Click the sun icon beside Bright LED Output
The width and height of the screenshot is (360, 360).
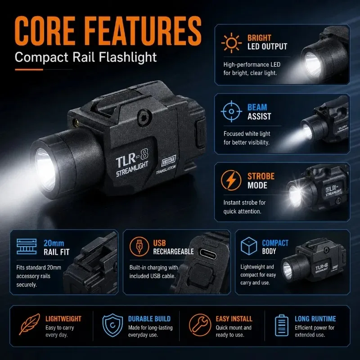pyautogui.click(x=231, y=43)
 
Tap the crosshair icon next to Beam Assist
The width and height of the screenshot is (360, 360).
pyautogui.click(x=231, y=111)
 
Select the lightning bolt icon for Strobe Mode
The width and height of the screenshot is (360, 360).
pyautogui.click(x=231, y=180)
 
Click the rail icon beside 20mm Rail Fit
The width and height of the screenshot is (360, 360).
pyautogui.click(x=27, y=246)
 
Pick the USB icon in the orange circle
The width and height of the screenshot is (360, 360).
pyautogui.click(x=139, y=247)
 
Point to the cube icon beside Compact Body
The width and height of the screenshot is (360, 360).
pyautogui.click(x=249, y=246)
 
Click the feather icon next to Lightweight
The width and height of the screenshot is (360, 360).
pyautogui.click(x=29, y=324)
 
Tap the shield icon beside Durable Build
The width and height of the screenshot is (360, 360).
pyautogui.click(x=112, y=325)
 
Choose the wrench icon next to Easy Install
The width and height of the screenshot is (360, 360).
pyautogui.click(x=200, y=325)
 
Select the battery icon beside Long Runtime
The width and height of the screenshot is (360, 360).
pyautogui.click(x=282, y=325)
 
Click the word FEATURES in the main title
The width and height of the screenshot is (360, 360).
pyautogui.click(x=143, y=31)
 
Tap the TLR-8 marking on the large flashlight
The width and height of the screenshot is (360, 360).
pyautogui.click(x=132, y=158)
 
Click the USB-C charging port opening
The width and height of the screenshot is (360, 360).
pyautogui.click(x=208, y=253)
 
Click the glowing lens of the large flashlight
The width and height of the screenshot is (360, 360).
pyautogui.click(x=45, y=169)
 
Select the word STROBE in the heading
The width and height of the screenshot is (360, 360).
pyautogui.click(x=261, y=176)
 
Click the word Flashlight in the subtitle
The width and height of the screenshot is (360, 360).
pyautogui.click(x=128, y=57)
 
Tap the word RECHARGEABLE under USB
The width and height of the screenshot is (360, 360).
pyautogui.click(x=173, y=252)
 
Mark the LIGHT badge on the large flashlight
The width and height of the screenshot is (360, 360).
pyautogui.click(x=168, y=161)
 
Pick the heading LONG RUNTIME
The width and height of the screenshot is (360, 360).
pyautogui.click(x=315, y=319)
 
